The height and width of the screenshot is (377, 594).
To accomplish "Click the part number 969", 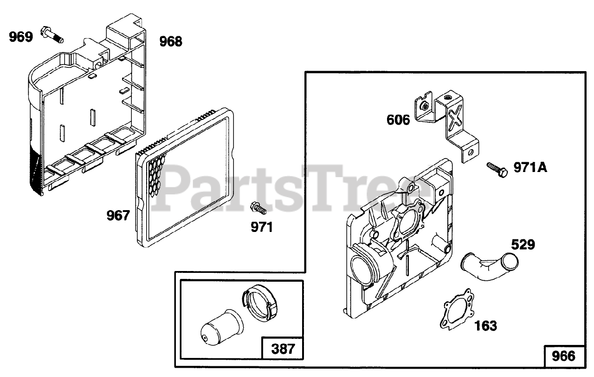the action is pos(21,37).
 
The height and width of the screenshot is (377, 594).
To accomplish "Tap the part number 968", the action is pos(171,41).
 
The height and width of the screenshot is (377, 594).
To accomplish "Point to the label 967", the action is pos(118,216).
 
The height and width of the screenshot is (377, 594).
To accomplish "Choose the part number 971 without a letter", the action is pos(262,227).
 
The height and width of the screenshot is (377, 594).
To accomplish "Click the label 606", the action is pos(399,120).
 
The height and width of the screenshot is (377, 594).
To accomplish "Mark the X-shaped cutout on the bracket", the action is pos(455,113).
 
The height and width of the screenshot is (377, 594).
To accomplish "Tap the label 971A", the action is pos(530,167).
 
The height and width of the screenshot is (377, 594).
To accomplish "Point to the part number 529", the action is pos(523,245).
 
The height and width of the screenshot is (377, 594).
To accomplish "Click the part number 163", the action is pos(485,326).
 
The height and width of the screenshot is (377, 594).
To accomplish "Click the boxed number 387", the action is pos(283,349).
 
